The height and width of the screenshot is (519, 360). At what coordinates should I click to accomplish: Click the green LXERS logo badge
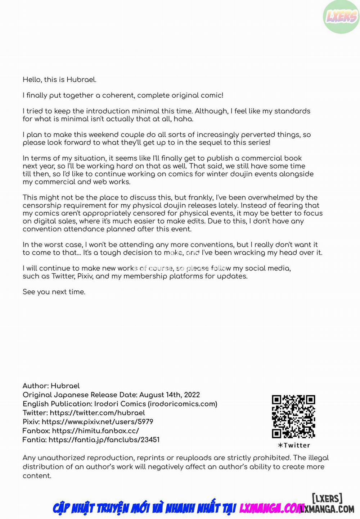(341, 17)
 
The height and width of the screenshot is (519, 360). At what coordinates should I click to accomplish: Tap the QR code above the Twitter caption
(293, 416)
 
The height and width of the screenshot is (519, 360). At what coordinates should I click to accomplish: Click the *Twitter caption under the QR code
(294, 445)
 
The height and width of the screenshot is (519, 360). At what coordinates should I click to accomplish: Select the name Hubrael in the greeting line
(81, 79)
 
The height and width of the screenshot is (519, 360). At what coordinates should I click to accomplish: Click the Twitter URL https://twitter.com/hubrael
(97, 413)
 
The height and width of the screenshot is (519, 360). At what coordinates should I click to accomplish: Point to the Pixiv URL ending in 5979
(97, 422)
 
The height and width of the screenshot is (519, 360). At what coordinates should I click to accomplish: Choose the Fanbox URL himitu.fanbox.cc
(95, 431)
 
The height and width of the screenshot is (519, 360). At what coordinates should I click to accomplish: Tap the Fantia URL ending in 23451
(104, 440)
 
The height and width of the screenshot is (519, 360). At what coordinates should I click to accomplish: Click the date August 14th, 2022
(170, 395)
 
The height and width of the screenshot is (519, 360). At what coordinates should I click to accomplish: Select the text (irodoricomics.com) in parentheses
(183, 404)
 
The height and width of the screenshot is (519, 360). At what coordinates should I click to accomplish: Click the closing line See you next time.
(54, 292)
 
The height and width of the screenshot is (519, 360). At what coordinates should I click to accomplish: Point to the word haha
(183, 119)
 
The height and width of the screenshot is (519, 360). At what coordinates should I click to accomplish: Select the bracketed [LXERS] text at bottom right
(327, 498)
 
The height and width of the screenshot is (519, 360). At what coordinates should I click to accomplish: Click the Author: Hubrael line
(51, 386)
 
